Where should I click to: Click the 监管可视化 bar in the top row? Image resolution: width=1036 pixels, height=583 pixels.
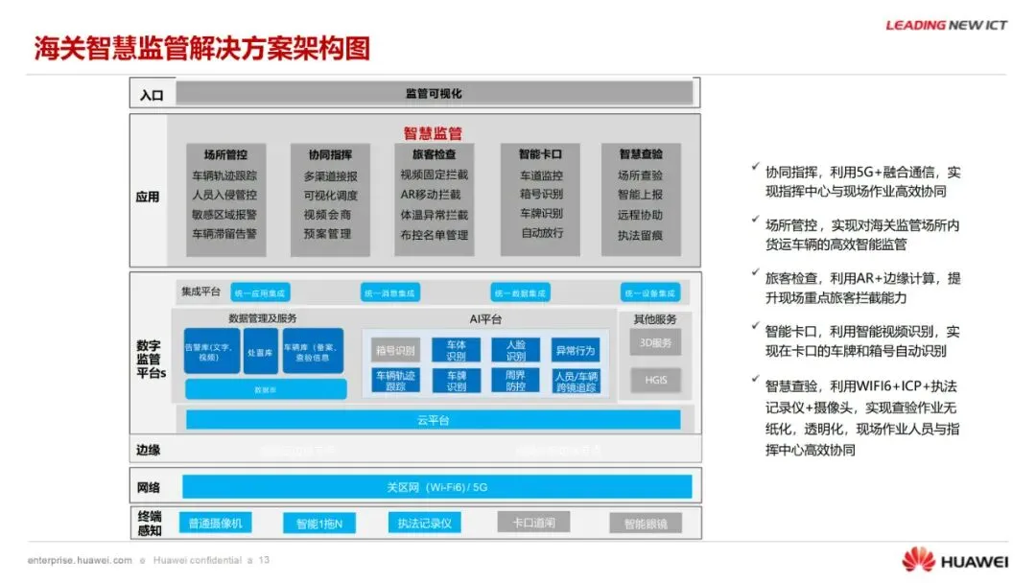[434, 93]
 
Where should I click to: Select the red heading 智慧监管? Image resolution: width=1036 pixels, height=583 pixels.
[433, 133]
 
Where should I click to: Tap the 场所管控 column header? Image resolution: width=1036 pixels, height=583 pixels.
[225, 154]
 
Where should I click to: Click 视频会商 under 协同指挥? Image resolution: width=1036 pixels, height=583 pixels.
[328, 215]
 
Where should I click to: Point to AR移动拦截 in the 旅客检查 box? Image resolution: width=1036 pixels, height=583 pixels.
[435, 196]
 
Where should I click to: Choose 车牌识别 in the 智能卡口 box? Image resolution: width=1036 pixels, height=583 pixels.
[542, 214]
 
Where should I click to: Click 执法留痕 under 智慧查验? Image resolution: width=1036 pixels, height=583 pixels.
[640, 234]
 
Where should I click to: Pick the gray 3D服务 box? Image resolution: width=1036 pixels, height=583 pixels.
[656, 342]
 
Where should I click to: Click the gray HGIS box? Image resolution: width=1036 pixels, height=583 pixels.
[656, 381]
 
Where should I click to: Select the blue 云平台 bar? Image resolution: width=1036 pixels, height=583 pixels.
[433, 420]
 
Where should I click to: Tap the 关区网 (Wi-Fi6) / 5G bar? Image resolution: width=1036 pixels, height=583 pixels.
[436, 487]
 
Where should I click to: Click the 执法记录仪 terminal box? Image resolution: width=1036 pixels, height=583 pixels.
[425, 524]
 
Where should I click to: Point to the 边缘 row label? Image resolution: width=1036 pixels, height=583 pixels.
[149, 450]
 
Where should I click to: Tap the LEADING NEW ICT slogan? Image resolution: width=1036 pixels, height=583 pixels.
[946, 25]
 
